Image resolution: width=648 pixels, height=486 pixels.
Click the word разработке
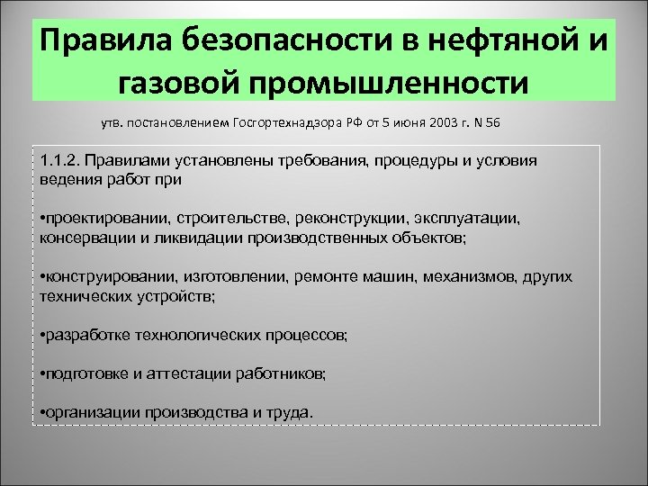click(x=87, y=335)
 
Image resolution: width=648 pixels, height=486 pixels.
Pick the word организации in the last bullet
click(x=93, y=411)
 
